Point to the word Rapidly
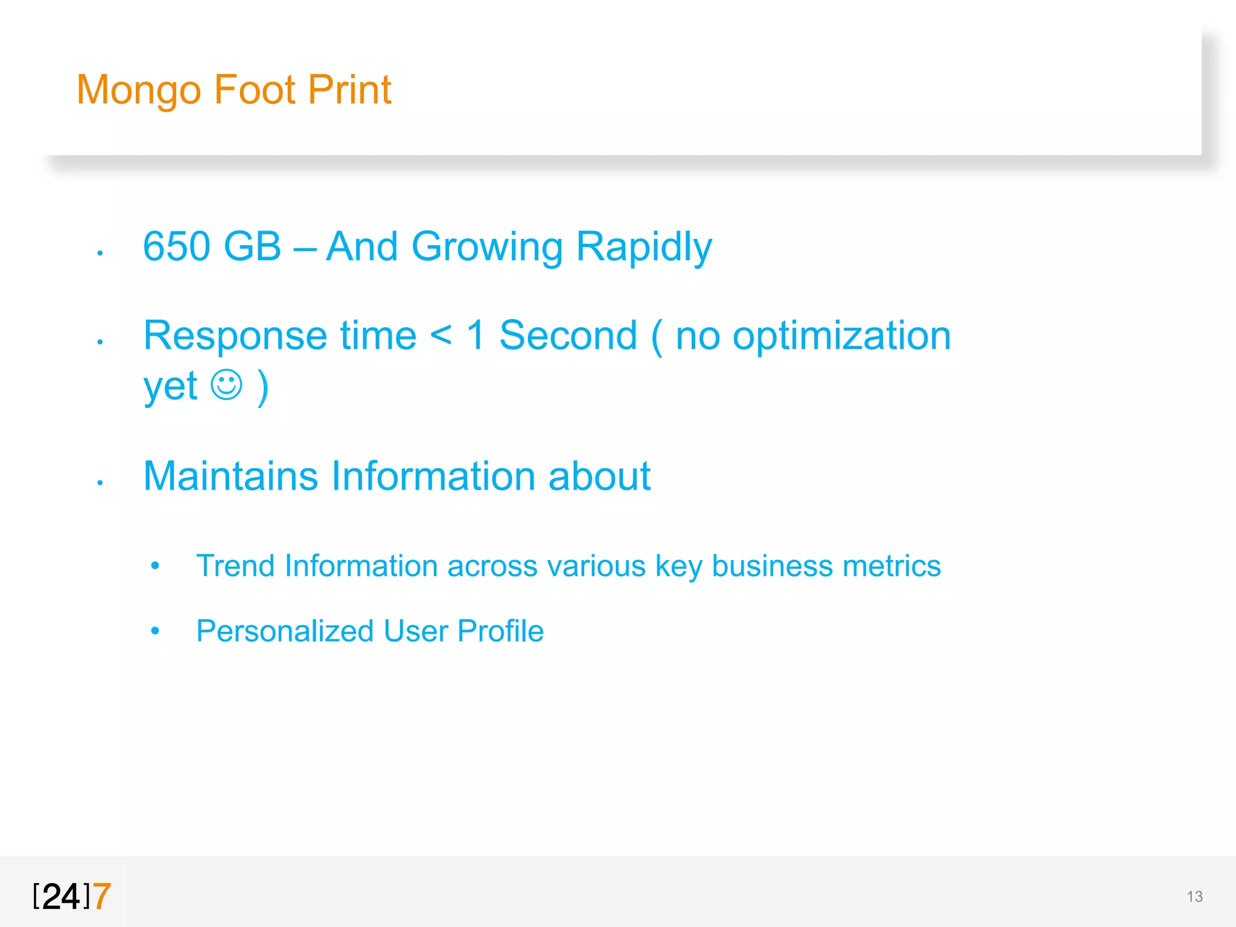644,247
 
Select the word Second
568,336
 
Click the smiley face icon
227,384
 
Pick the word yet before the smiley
170,387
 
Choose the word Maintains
231,476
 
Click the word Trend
235,566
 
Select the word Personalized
285,631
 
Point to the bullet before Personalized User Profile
155,631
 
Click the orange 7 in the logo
102,896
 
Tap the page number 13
1194,897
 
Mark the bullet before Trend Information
155,566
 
